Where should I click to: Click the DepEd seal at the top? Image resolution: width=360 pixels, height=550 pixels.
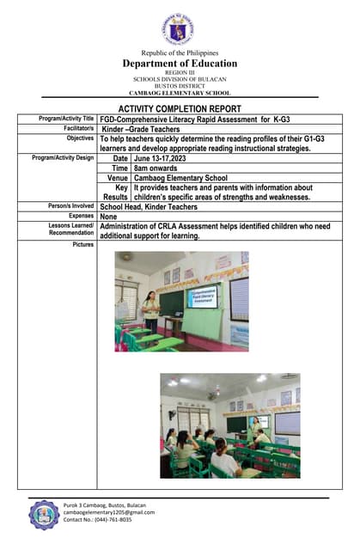[x=180, y=29]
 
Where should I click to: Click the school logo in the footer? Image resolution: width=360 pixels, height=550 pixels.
[x=44, y=514]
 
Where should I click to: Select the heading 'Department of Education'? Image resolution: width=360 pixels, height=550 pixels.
[x=180, y=64]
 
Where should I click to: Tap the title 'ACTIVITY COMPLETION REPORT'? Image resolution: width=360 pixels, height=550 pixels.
[x=180, y=109]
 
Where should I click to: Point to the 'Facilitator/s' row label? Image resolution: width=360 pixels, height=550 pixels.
[x=76, y=128]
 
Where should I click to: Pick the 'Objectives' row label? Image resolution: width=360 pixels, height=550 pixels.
[x=80, y=137]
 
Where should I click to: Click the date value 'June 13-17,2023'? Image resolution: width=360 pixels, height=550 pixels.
[x=165, y=158]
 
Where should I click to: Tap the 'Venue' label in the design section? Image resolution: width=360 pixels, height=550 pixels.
[x=118, y=178]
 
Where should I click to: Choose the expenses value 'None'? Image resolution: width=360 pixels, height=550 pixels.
[x=109, y=217]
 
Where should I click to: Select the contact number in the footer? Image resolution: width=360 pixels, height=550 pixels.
[x=97, y=520]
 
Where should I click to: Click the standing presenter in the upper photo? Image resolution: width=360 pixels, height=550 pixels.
[x=151, y=310]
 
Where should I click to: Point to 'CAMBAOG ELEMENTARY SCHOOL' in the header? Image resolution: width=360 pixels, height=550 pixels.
[x=180, y=92]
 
